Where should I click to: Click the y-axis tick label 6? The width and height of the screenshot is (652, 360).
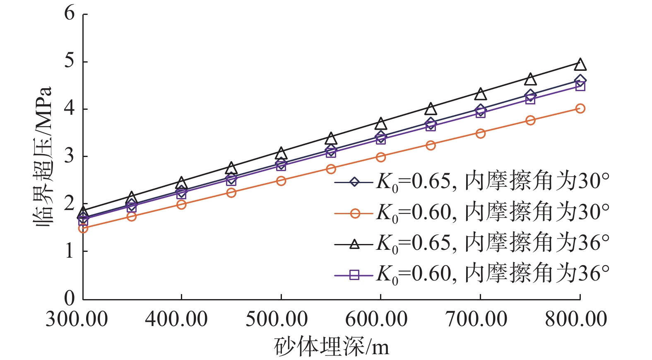click(x=70, y=14)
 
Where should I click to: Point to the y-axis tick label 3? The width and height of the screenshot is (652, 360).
click(x=70, y=156)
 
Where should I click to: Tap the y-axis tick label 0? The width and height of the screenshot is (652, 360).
click(x=70, y=298)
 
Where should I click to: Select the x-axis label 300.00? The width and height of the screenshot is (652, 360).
click(x=77, y=319)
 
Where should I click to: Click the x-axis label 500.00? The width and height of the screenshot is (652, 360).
click(x=277, y=319)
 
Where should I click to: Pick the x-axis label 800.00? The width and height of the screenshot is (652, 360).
click(x=576, y=319)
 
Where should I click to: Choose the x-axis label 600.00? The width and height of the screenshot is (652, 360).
click(x=376, y=319)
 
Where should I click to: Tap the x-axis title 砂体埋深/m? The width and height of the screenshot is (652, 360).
click(x=332, y=347)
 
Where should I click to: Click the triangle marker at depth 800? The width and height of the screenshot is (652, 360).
click(x=580, y=65)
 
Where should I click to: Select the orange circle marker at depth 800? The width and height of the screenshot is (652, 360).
click(x=580, y=109)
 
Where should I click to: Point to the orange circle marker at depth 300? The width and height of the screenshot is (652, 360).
click(x=83, y=228)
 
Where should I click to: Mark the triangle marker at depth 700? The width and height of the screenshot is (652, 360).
click(x=481, y=94)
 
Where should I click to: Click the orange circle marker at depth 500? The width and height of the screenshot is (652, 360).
click(x=281, y=181)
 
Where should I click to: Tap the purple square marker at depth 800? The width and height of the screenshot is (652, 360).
click(x=580, y=86)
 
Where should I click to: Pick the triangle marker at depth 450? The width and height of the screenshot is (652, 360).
click(x=231, y=168)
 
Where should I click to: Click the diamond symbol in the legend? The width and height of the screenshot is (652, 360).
click(x=354, y=182)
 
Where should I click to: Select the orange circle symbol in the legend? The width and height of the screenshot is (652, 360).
click(x=354, y=213)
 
